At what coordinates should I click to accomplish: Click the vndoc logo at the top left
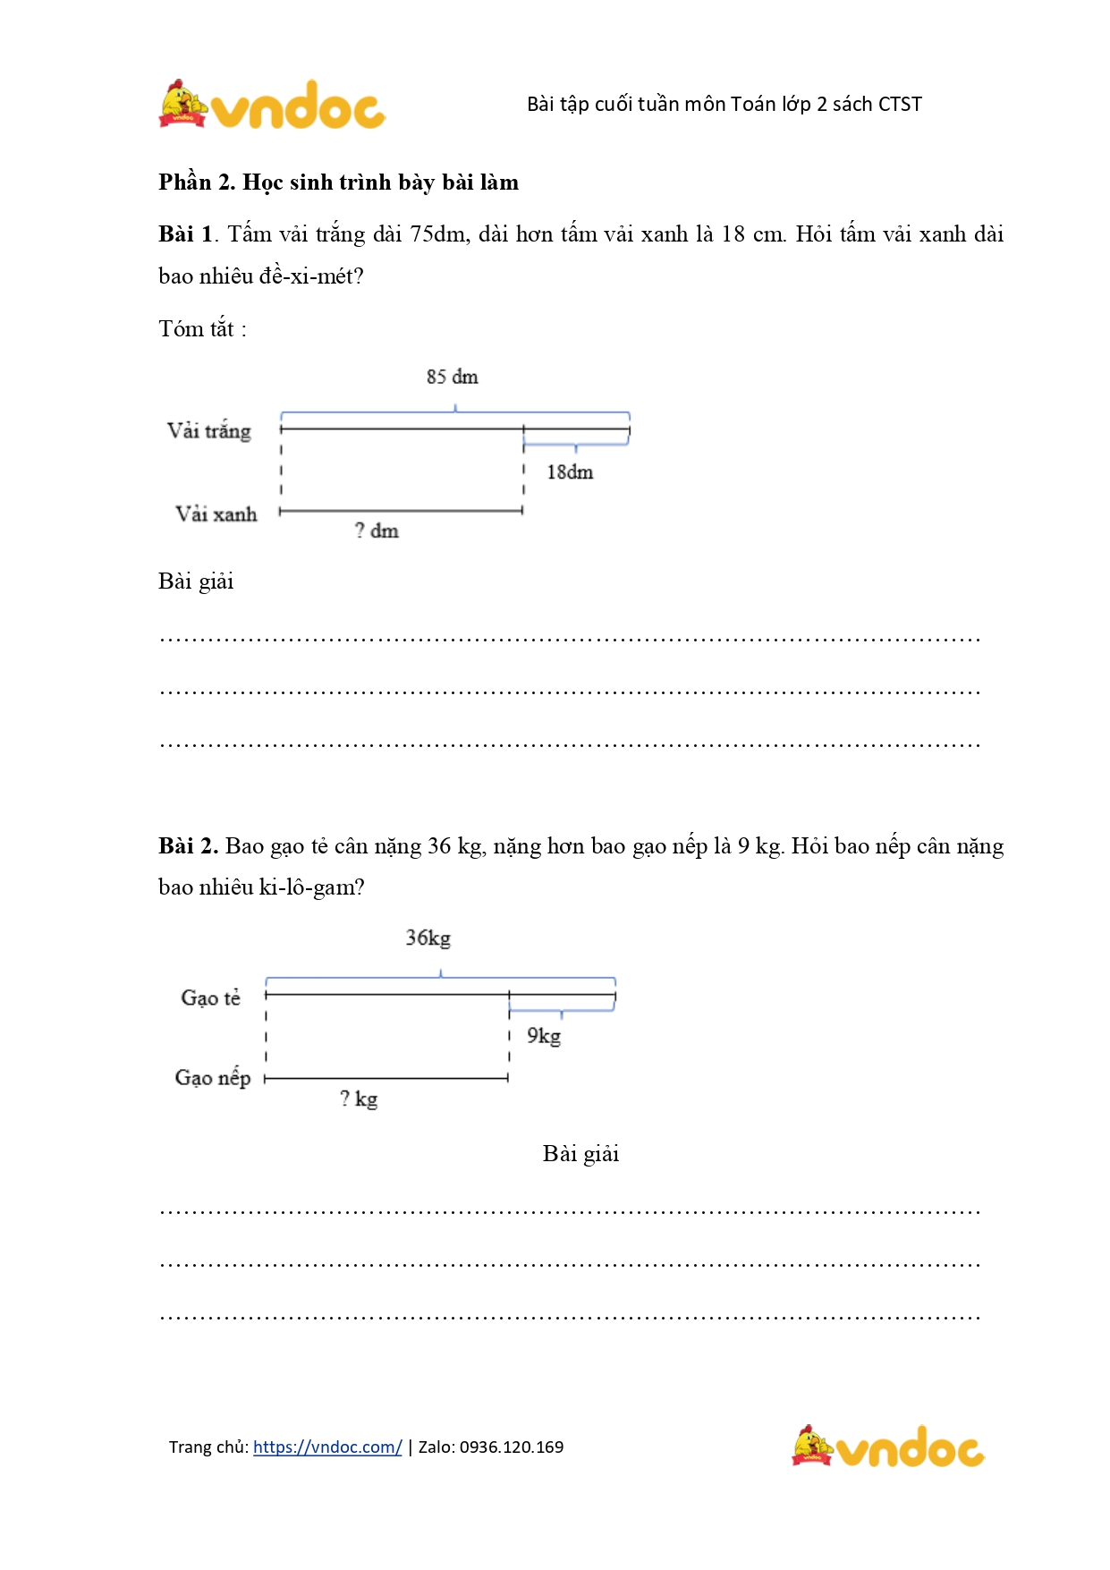(272, 105)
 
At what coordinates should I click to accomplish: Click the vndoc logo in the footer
(887, 1447)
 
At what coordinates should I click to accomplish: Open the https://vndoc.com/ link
(327, 1447)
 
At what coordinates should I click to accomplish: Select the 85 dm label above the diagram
(452, 377)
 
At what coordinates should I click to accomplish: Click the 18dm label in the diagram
(570, 472)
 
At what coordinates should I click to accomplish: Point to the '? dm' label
(377, 530)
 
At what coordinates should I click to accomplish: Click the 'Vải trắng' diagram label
(209, 431)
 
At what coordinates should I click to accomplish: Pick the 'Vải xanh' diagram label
(216, 514)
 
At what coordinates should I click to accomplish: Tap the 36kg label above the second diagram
(428, 938)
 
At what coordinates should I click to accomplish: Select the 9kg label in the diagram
(544, 1036)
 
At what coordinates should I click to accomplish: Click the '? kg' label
(359, 1099)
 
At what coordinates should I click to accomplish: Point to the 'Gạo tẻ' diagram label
(211, 997)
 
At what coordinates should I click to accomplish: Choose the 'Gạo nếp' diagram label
(213, 1078)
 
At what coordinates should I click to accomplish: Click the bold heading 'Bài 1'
(185, 234)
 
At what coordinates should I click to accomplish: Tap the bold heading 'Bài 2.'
(188, 846)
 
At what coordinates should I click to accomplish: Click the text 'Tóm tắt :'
(202, 329)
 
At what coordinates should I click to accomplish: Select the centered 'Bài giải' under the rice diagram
(580, 1154)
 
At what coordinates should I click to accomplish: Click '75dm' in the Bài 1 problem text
(438, 234)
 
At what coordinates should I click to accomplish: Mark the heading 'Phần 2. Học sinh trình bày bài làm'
(338, 182)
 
